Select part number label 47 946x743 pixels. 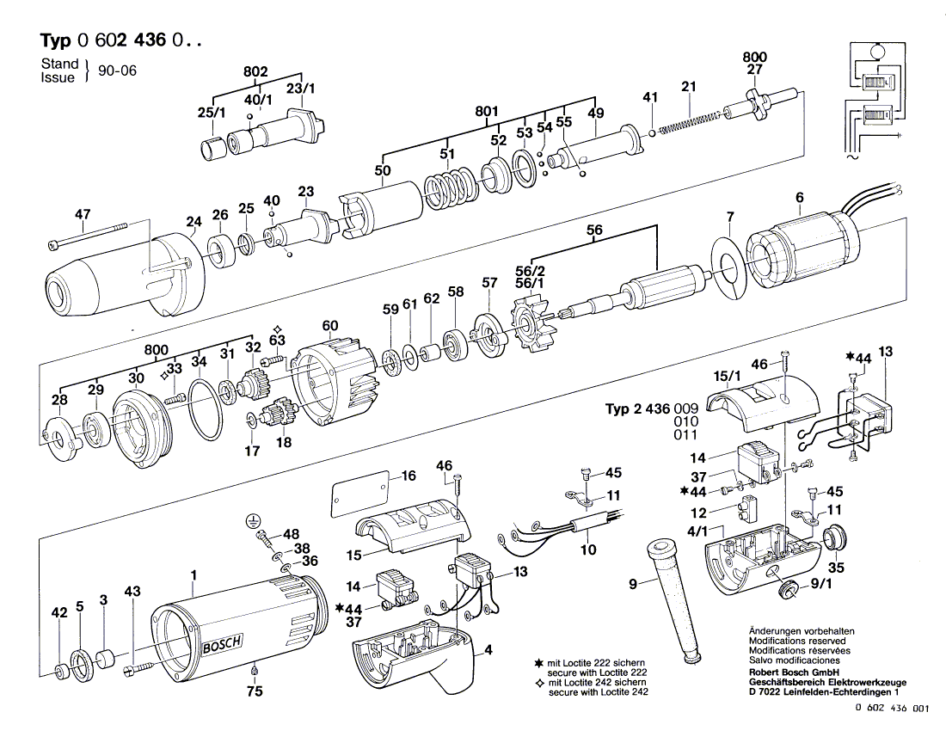tap(83, 214)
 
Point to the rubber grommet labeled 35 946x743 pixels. tap(832, 540)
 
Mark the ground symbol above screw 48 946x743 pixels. tap(252, 519)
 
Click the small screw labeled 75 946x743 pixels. tap(255, 670)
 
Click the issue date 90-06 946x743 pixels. tap(117, 71)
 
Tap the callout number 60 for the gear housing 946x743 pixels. tap(330, 325)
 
